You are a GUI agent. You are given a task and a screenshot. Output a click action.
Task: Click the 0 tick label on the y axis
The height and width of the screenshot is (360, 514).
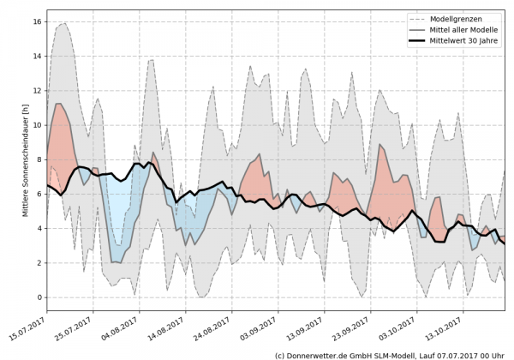point(39,297)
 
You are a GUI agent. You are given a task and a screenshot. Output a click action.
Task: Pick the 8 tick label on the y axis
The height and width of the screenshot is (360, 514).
point(39,158)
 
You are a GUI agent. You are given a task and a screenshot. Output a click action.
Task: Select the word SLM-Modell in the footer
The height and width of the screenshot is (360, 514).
point(403,353)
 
